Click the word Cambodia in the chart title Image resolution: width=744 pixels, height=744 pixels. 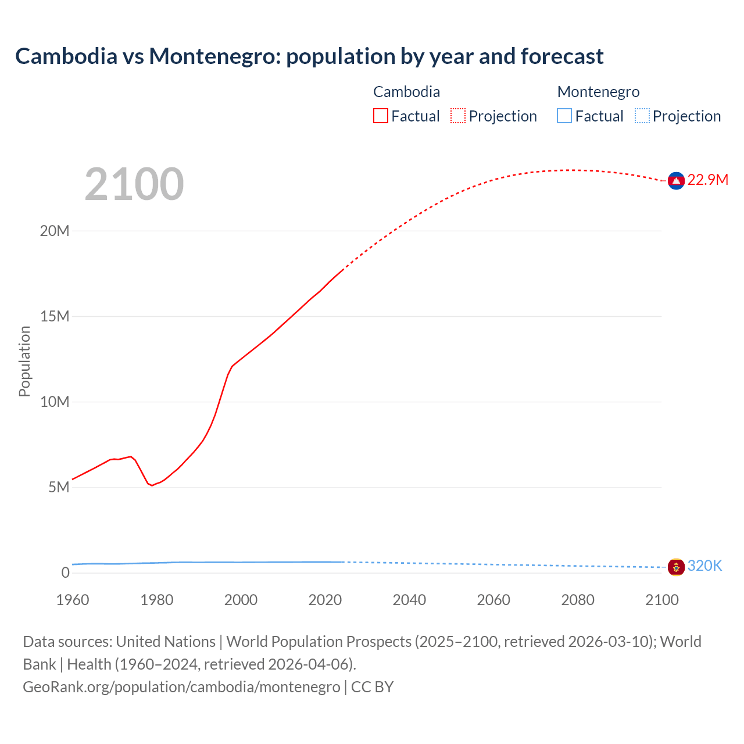(66, 56)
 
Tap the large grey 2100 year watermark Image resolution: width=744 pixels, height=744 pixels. (134, 184)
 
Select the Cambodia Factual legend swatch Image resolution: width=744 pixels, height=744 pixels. (380, 116)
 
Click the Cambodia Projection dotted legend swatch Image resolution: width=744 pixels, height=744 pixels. (458, 116)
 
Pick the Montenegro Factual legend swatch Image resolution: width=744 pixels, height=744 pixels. (564, 116)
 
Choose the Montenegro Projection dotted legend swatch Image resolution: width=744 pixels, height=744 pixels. (642, 116)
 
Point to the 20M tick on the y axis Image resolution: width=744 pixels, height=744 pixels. (55, 231)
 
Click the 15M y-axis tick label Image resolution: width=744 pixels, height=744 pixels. (55, 317)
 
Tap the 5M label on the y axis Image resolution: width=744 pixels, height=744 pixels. (59, 487)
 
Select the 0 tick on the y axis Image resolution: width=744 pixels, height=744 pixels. (65, 573)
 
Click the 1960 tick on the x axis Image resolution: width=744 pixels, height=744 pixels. (73, 600)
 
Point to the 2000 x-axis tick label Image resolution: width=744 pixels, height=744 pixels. (241, 600)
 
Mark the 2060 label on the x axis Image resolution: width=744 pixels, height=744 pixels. (493, 600)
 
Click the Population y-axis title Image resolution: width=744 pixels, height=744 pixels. (24, 361)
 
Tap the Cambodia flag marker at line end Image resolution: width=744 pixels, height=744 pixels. (676, 181)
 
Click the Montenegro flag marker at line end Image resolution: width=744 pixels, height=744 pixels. (676, 567)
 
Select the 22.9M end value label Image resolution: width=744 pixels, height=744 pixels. (707, 180)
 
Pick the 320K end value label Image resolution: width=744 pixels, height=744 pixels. (704, 566)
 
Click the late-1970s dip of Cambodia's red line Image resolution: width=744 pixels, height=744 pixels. (152, 485)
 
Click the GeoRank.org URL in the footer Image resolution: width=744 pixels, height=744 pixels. (181, 687)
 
